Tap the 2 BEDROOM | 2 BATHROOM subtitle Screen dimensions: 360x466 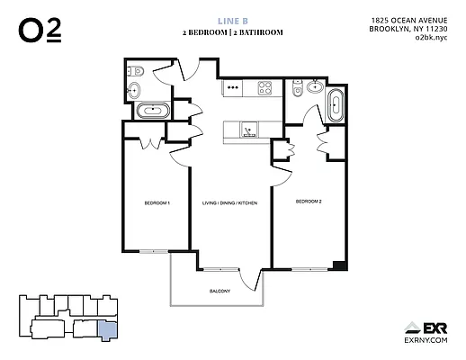(x=233, y=32)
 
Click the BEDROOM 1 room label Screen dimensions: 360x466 (x=157, y=203)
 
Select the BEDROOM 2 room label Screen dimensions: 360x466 (x=309, y=202)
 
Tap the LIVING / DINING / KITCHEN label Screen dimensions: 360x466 (x=229, y=203)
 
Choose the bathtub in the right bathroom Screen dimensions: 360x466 (x=336, y=104)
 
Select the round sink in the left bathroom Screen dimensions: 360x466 (x=134, y=89)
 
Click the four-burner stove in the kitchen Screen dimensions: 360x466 (x=266, y=87)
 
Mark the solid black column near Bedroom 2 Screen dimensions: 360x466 (x=337, y=265)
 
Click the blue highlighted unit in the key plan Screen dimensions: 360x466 (x=106, y=328)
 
